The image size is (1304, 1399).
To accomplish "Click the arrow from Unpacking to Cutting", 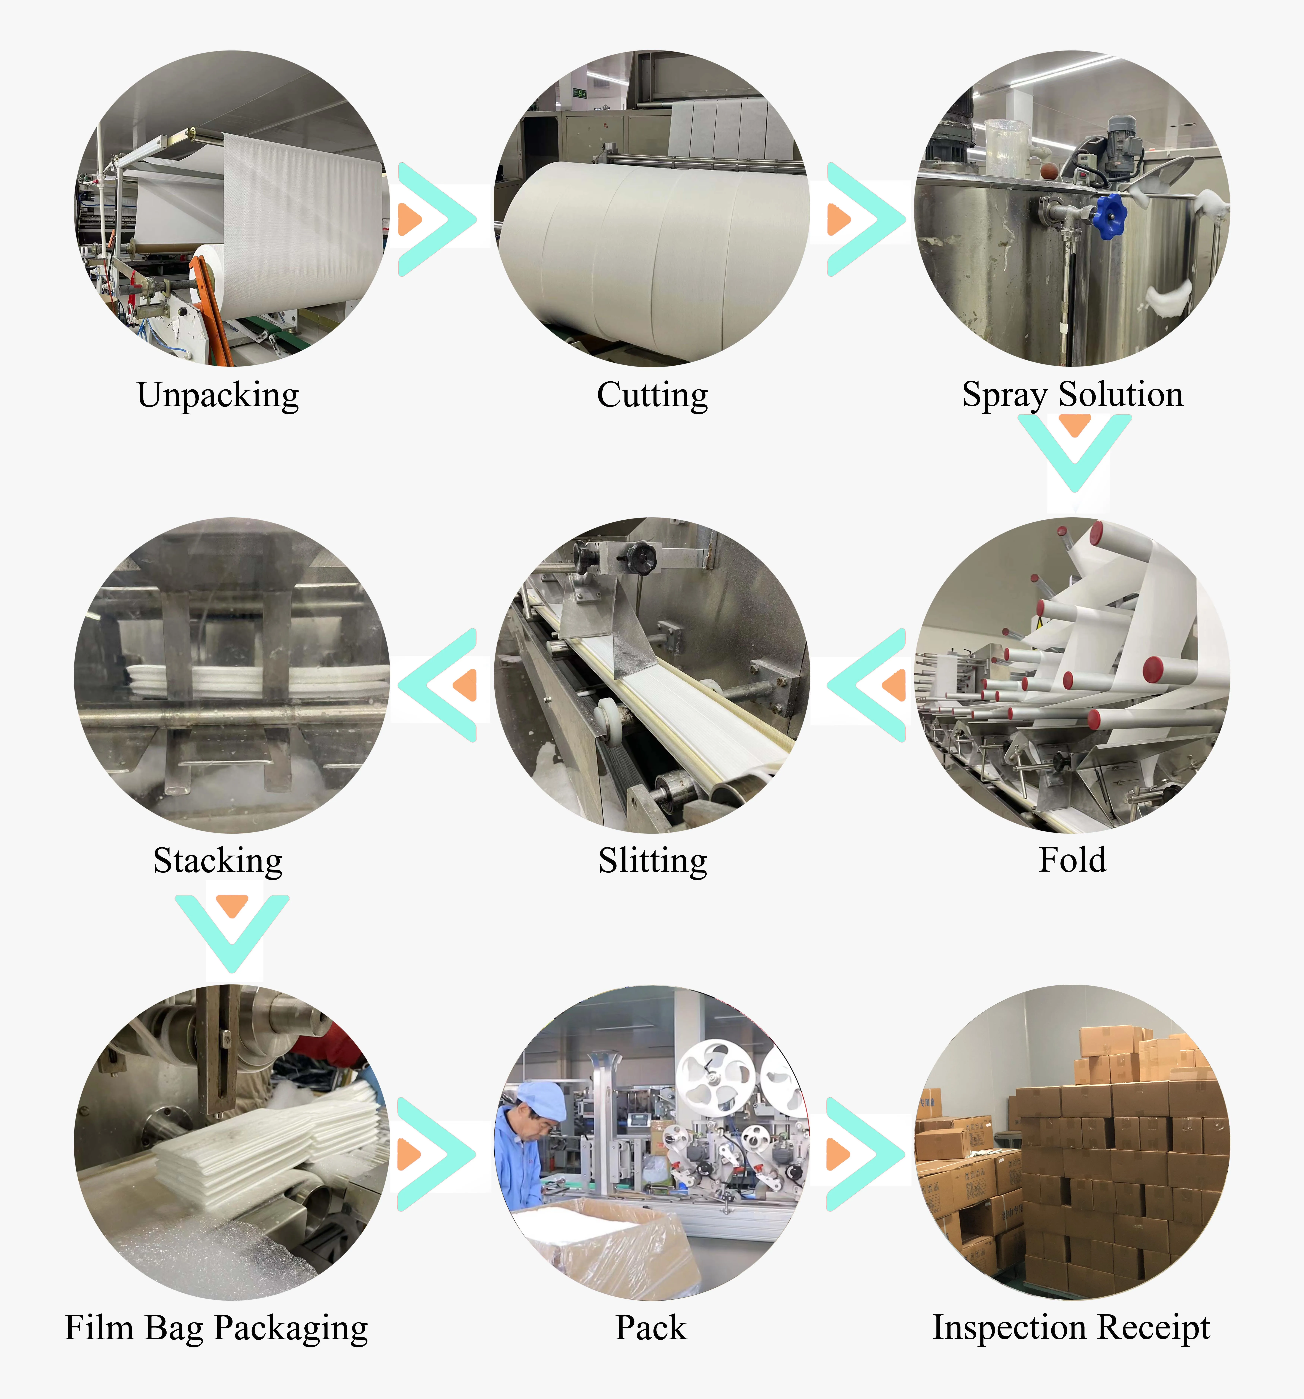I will pos(436,219).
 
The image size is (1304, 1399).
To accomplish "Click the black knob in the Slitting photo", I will pos(641,558).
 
